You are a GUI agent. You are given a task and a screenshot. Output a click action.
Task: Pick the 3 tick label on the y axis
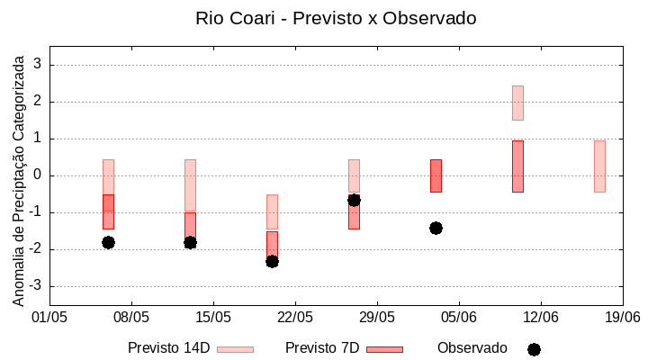pos(38,65)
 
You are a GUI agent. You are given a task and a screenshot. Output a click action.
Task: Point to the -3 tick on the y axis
pos(35,286)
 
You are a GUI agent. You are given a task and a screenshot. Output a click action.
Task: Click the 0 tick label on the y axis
pos(38,175)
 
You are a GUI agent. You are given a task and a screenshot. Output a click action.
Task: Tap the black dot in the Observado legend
pos(534,349)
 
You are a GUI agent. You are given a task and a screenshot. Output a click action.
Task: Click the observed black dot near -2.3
pos(272,261)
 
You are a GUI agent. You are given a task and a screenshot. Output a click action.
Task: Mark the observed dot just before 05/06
pos(436,228)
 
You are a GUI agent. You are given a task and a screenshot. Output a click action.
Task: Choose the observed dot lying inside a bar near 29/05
pos(354,200)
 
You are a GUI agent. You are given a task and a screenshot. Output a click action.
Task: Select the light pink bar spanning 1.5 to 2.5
pos(517,103)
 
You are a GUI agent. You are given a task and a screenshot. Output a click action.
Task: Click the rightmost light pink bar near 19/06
pos(599,166)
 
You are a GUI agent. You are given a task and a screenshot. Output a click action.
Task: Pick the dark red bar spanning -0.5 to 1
pos(517,166)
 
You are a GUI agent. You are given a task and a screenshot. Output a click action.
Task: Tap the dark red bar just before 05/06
pos(436,175)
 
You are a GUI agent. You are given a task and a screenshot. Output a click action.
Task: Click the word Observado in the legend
pos(472,348)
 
